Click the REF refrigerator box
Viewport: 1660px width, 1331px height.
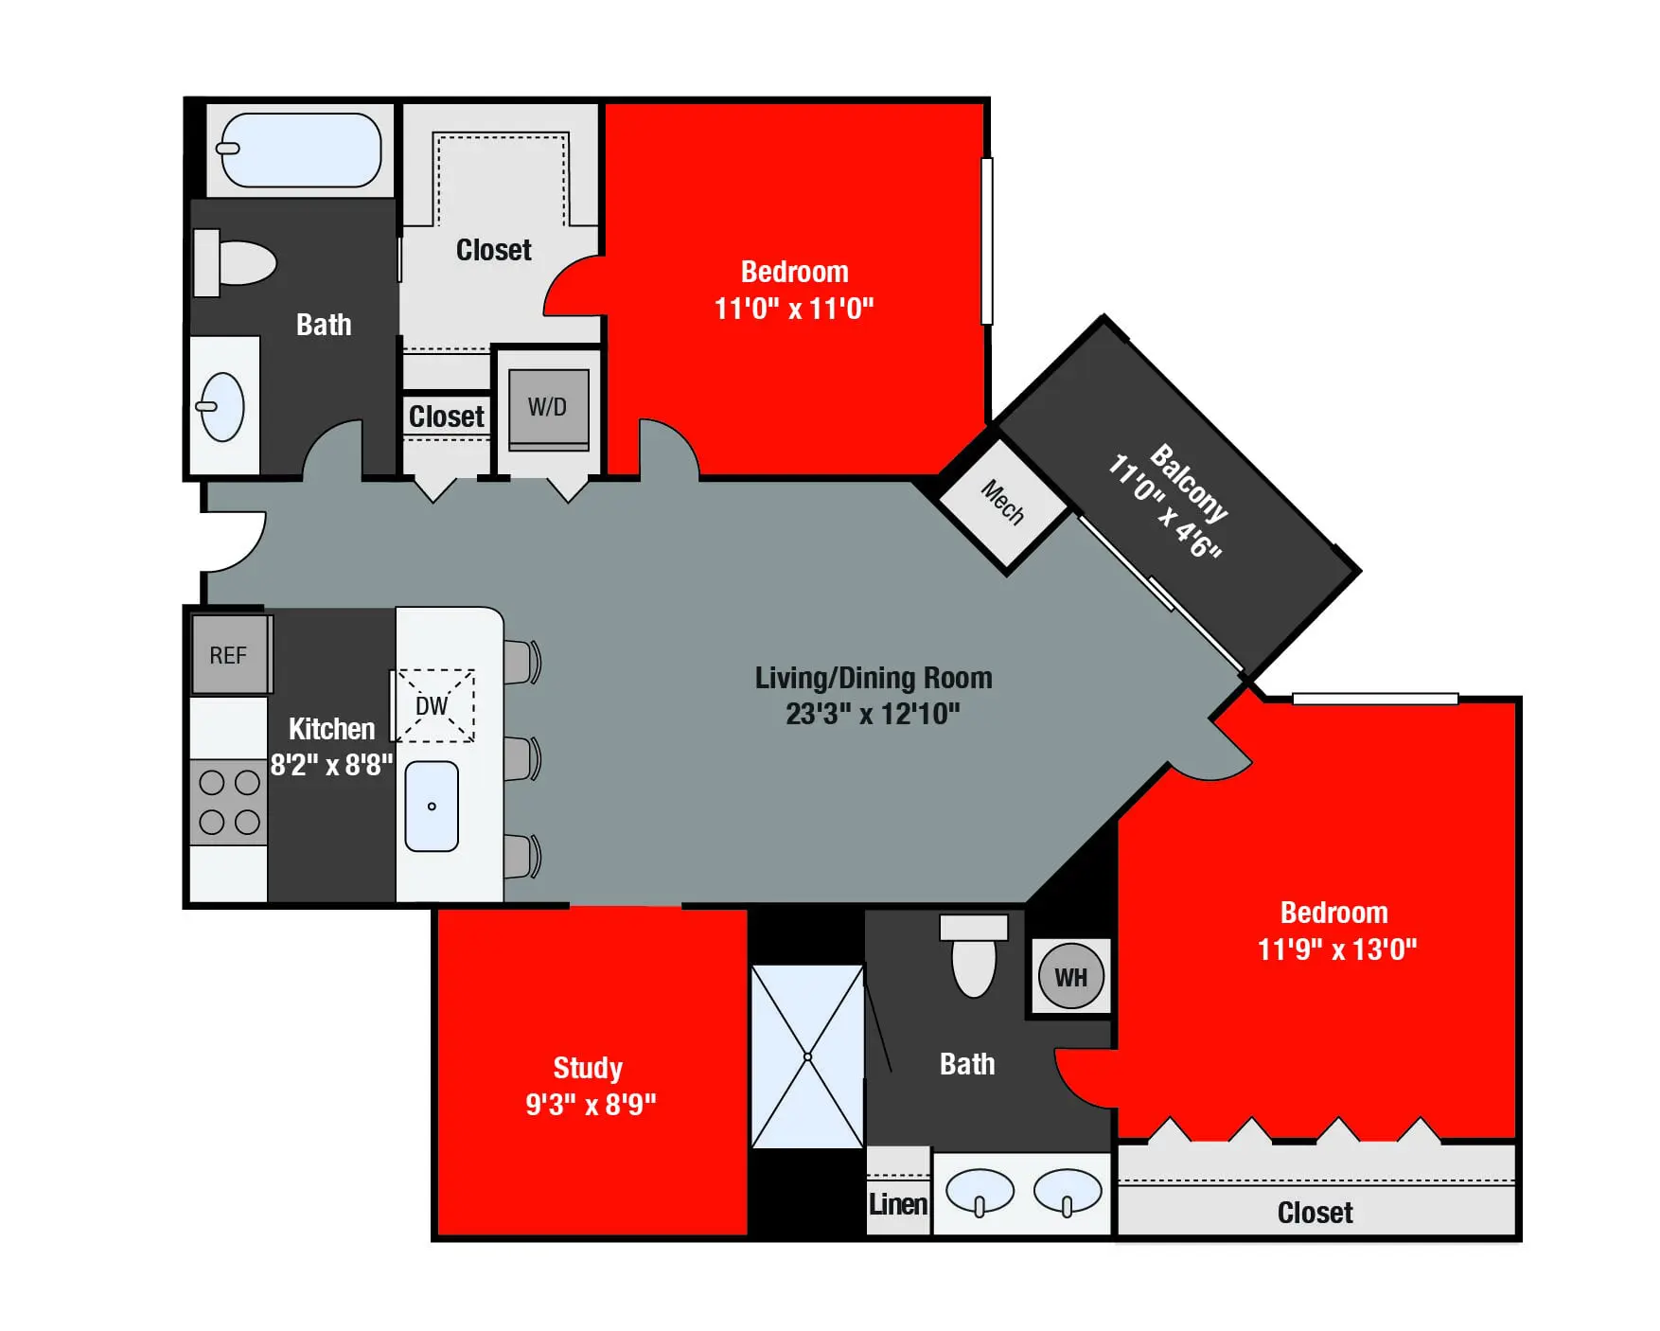(229, 654)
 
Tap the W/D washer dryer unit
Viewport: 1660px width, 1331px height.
(548, 408)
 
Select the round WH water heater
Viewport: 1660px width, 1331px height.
(1070, 977)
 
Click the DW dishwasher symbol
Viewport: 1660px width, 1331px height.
(433, 706)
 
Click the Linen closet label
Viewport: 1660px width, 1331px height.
(897, 1204)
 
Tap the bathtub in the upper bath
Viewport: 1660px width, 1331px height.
(300, 150)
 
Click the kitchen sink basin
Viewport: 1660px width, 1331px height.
(432, 806)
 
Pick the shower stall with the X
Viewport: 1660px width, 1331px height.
(807, 1056)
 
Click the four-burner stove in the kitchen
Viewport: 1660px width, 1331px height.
(229, 802)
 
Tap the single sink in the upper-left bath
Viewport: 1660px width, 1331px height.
(223, 407)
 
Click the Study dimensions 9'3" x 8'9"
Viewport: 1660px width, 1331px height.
(591, 1104)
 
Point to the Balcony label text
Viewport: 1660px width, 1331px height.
(1189, 482)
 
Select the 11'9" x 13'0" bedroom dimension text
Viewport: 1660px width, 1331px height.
(1336, 949)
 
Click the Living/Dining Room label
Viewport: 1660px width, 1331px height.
(873, 678)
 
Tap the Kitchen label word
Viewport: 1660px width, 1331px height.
(331, 728)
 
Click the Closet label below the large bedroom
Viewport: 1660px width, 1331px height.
(1315, 1212)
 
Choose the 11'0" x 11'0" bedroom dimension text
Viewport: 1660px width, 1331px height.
(793, 309)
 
